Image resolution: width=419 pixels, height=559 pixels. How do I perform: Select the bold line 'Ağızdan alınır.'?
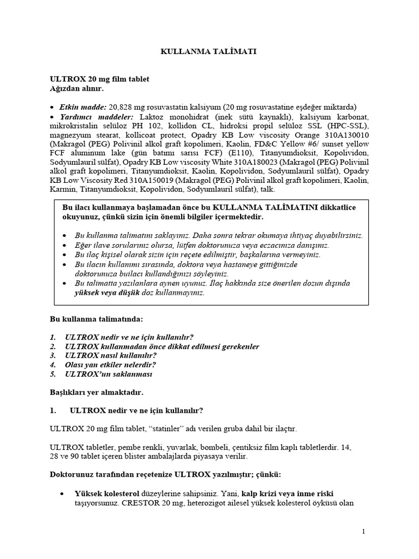coord(73,88)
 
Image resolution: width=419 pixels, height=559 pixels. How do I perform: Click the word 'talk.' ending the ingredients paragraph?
coord(267,189)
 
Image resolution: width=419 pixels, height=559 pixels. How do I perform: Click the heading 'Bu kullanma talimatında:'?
coord(97,318)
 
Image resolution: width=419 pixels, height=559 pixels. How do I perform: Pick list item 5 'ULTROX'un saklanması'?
coord(109,374)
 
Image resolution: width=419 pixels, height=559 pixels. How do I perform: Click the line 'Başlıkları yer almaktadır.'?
coord(96,391)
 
